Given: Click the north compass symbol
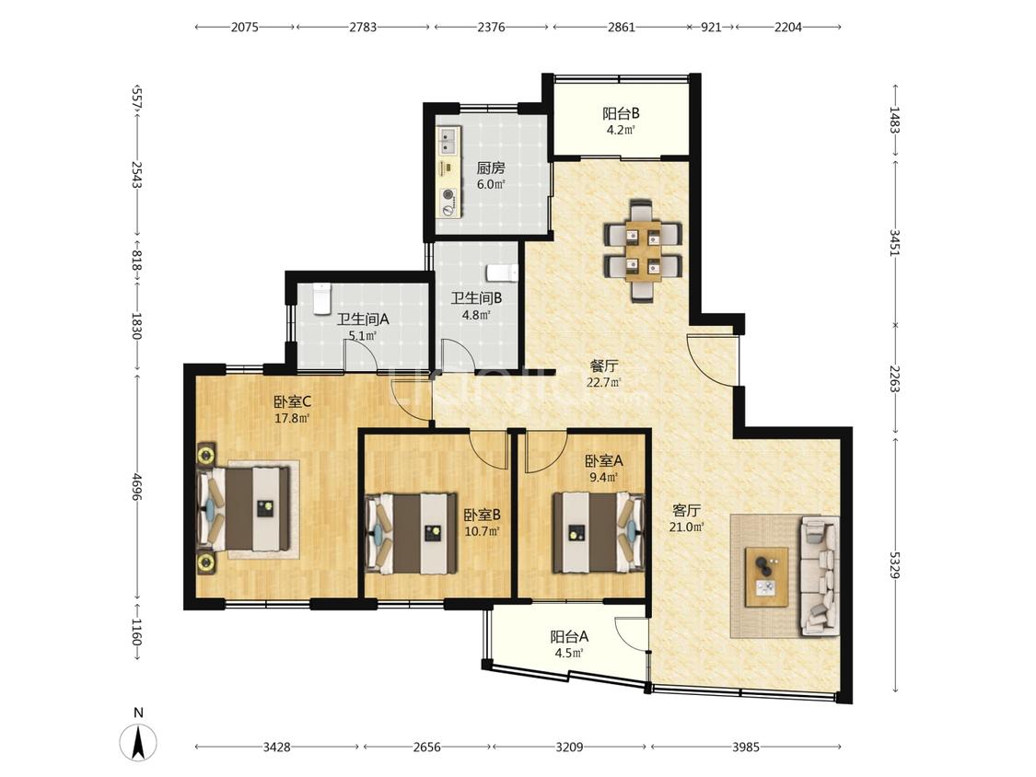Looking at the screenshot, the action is pyautogui.click(x=139, y=741).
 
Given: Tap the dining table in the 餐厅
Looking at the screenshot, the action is pyautogui.click(x=642, y=251).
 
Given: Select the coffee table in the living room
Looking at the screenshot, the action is pyautogui.click(x=766, y=577).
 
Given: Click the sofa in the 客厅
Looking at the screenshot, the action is pyautogui.click(x=820, y=576).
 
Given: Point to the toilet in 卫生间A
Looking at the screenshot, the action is pyautogui.click(x=321, y=298).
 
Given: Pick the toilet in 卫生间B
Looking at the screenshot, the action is pyautogui.click(x=502, y=273).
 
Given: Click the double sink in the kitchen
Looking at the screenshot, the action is pyautogui.click(x=448, y=141).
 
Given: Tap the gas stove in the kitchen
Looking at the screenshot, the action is pyautogui.click(x=449, y=203).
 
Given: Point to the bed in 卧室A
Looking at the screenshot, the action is pyautogui.click(x=599, y=532).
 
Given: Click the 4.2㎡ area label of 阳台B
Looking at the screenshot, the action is pyautogui.click(x=621, y=130).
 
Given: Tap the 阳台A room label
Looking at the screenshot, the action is pyautogui.click(x=569, y=637).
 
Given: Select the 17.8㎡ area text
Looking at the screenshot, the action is pyautogui.click(x=292, y=418).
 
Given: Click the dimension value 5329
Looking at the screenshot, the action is pyautogui.click(x=894, y=565).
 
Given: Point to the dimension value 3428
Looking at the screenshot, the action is pyautogui.click(x=277, y=747).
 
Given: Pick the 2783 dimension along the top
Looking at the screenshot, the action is pyautogui.click(x=363, y=27).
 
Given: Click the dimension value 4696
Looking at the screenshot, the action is pyautogui.click(x=137, y=486).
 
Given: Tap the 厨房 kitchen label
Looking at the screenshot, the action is pyautogui.click(x=491, y=168).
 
